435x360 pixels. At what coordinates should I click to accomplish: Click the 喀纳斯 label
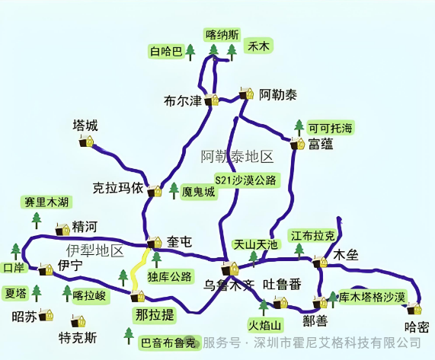(222, 34)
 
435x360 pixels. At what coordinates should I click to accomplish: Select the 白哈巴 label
(165, 52)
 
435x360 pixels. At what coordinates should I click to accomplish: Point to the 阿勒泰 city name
(278, 95)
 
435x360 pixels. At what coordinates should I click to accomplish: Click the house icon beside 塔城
(89, 142)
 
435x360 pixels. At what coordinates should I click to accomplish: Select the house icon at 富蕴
(296, 143)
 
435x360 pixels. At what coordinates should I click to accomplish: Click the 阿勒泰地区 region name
(237, 157)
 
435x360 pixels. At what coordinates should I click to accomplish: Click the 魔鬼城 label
(199, 193)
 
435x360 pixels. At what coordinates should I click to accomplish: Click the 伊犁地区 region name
(94, 250)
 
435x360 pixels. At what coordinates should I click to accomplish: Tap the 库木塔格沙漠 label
(372, 296)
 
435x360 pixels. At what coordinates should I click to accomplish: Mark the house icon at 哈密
(414, 309)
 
